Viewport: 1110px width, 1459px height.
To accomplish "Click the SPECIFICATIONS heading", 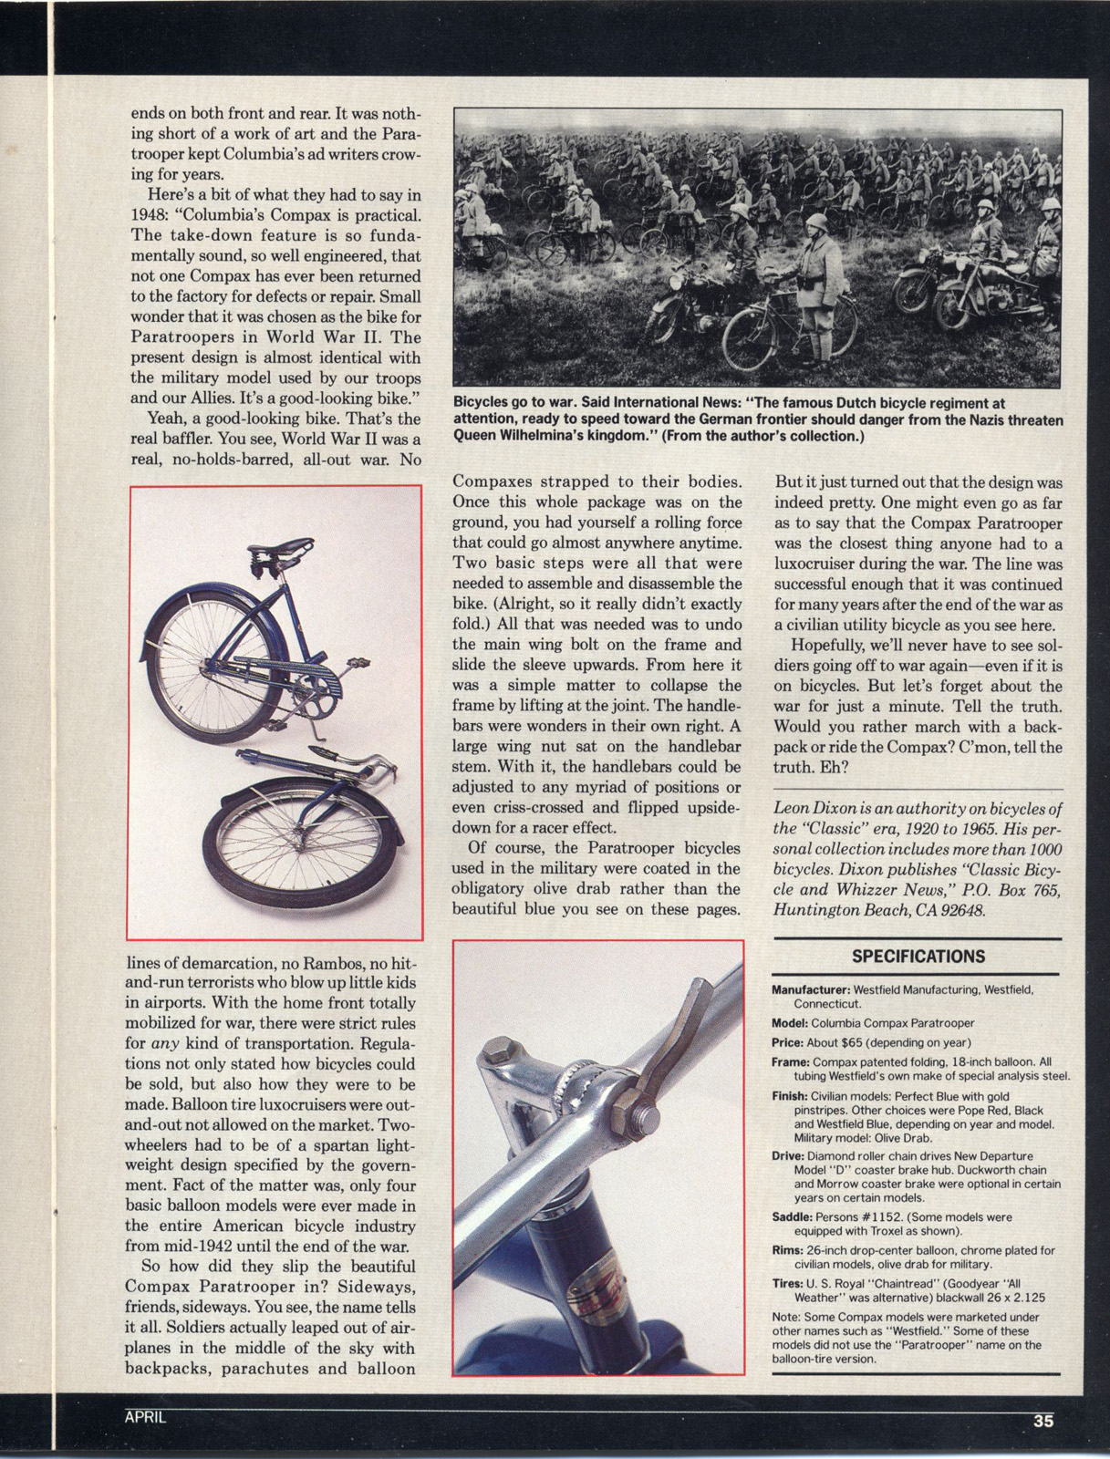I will tap(918, 957).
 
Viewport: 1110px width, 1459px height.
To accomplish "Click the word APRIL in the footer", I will tap(146, 1417).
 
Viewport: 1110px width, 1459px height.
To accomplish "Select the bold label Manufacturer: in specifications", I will tap(811, 989).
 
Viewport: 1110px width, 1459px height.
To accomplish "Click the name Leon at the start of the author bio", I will tap(793, 809).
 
